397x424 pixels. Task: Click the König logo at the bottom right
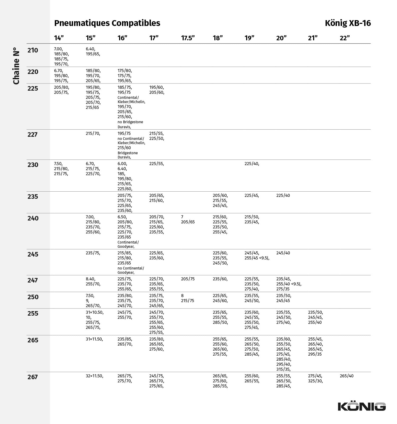[362, 406]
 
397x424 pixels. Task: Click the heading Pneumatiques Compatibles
[107, 23]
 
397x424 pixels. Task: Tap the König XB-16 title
[348, 23]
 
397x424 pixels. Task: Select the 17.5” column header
[188, 38]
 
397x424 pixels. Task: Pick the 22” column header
[345, 38]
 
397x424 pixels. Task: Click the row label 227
[33, 135]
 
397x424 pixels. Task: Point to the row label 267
[33, 377]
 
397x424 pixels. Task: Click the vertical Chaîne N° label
[16, 66]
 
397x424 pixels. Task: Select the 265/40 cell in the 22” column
[347, 376]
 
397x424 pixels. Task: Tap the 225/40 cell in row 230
[252, 164]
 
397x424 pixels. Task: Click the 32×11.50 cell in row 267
[94, 376]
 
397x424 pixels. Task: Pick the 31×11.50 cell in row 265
[94, 339]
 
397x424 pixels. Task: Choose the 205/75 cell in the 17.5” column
[188, 279]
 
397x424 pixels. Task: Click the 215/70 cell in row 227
[93, 134]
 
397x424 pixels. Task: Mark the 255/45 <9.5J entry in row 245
[257, 258]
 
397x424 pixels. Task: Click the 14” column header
[59, 38]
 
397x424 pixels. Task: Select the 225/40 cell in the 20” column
[283, 195]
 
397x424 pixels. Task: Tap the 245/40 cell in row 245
[283, 253]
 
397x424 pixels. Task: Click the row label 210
[33, 50]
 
